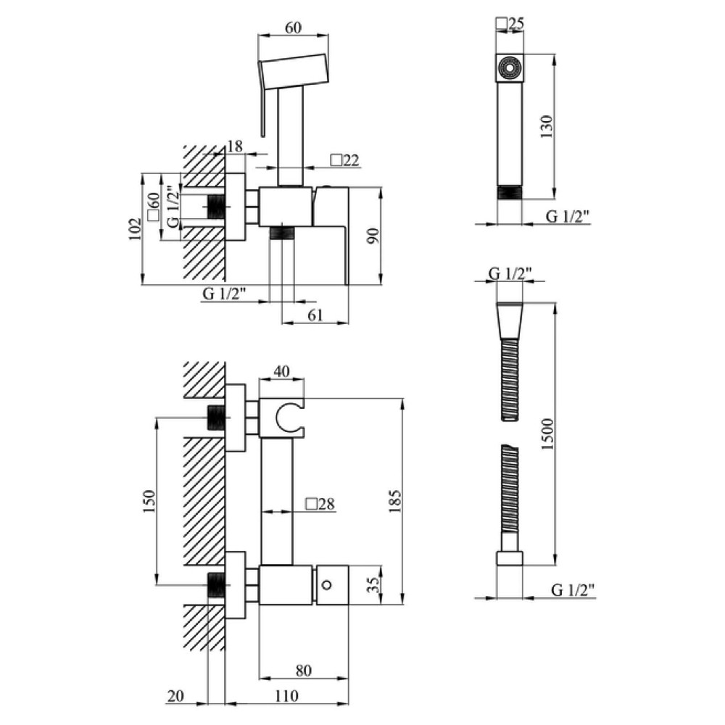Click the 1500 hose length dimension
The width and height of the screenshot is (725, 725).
[x=547, y=434]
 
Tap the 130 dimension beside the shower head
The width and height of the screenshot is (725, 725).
[x=546, y=126]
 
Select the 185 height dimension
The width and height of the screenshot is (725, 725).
[x=395, y=501]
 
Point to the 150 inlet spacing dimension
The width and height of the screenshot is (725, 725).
[x=149, y=501]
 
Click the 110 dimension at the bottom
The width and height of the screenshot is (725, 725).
[x=286, y=696]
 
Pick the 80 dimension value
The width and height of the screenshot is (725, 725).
[x=303, y=670]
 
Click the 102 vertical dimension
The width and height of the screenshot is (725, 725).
[x=135, y=229]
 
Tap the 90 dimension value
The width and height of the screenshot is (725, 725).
[x=373, y=236]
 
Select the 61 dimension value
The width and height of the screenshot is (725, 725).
[x=315, y=315]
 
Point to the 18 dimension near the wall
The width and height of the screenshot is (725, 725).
[x=235, y=146]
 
